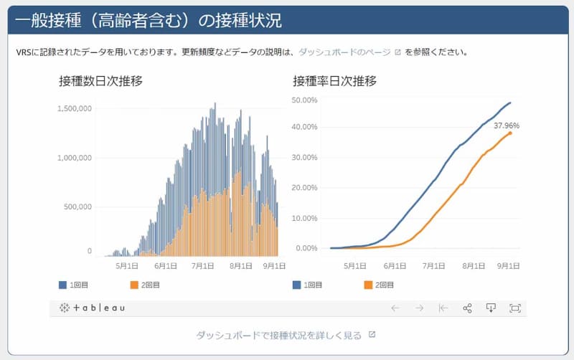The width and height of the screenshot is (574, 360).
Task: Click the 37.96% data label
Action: (x=507, y=125)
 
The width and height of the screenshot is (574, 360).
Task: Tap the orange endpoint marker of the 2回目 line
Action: (x=510, y=133)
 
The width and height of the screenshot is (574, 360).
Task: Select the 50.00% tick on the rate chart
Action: (x=304, y=99)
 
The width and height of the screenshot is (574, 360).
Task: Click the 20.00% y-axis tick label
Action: (x=304, y=187)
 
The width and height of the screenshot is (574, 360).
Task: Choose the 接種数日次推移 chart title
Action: (x=100, y=81)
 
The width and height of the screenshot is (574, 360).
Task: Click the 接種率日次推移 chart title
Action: (x=334, y=81)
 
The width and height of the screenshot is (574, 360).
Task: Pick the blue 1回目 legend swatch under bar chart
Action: (x=63, y=285)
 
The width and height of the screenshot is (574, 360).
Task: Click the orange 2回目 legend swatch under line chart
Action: (x=369, y=285)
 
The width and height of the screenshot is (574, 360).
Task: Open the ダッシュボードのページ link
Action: (x=344, y=52)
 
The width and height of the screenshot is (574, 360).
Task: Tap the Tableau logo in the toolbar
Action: (x=93, y=308)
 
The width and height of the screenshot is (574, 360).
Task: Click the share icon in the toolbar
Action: (x=467, y=308)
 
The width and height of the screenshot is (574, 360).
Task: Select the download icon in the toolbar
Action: (x=491, y=308)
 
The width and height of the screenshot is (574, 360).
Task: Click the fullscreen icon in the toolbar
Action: (x=514, y=308)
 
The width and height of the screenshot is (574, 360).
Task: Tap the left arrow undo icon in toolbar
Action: (x=395, y=308)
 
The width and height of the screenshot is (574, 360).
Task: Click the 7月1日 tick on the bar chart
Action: (x=203, y=265)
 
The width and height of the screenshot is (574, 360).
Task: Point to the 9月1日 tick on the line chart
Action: (x=509, y=265)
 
